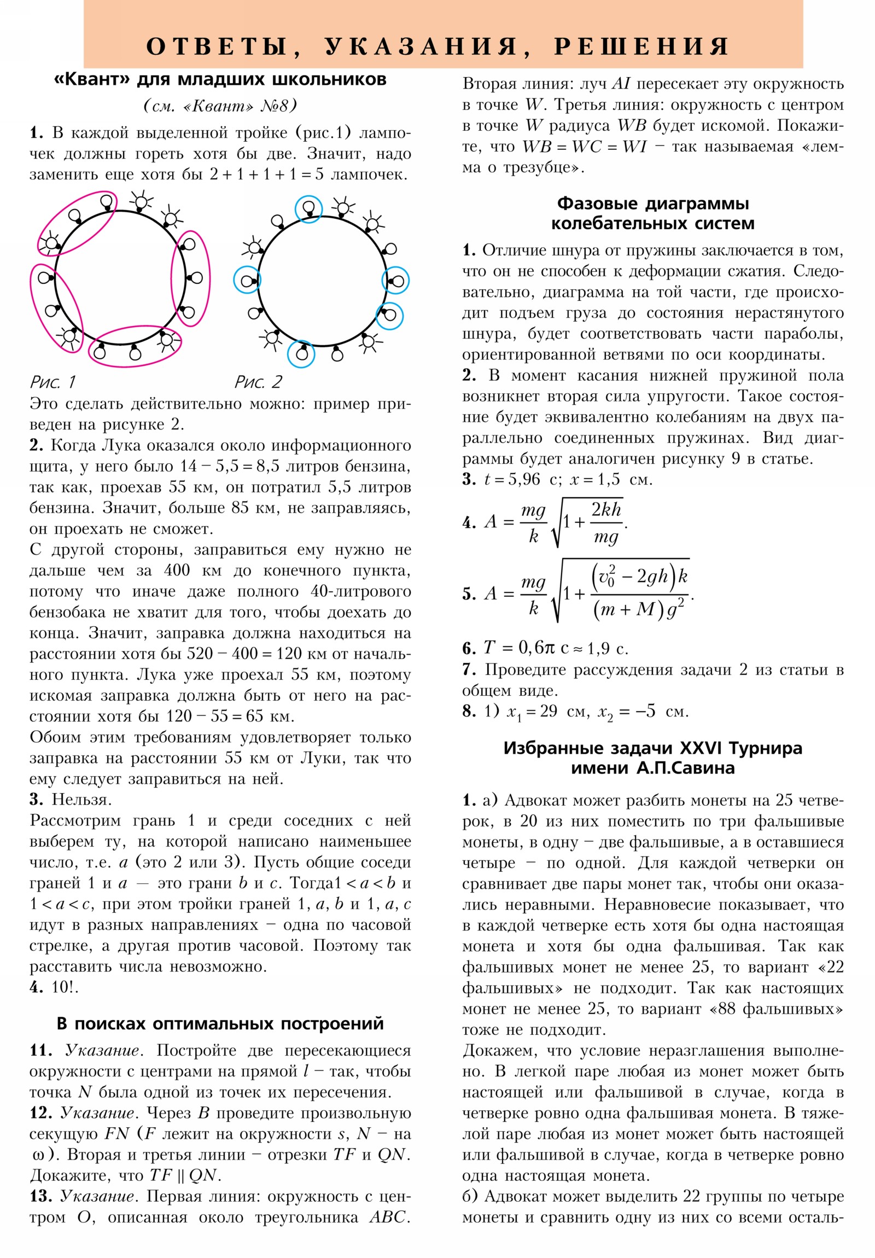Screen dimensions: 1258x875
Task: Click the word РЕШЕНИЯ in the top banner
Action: pos(641,46)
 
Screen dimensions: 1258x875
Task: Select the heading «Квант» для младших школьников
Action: pos(220,80)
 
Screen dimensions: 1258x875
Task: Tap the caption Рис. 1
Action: pos(52,382)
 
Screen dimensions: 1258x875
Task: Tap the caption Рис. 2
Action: pos(258,382)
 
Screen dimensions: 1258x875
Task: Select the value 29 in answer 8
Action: pos(549,712)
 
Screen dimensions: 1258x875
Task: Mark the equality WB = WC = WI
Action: pos(585,147)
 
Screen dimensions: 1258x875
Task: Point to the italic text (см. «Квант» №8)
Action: pos(220,106)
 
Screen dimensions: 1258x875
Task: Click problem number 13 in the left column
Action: pos(40,1197)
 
